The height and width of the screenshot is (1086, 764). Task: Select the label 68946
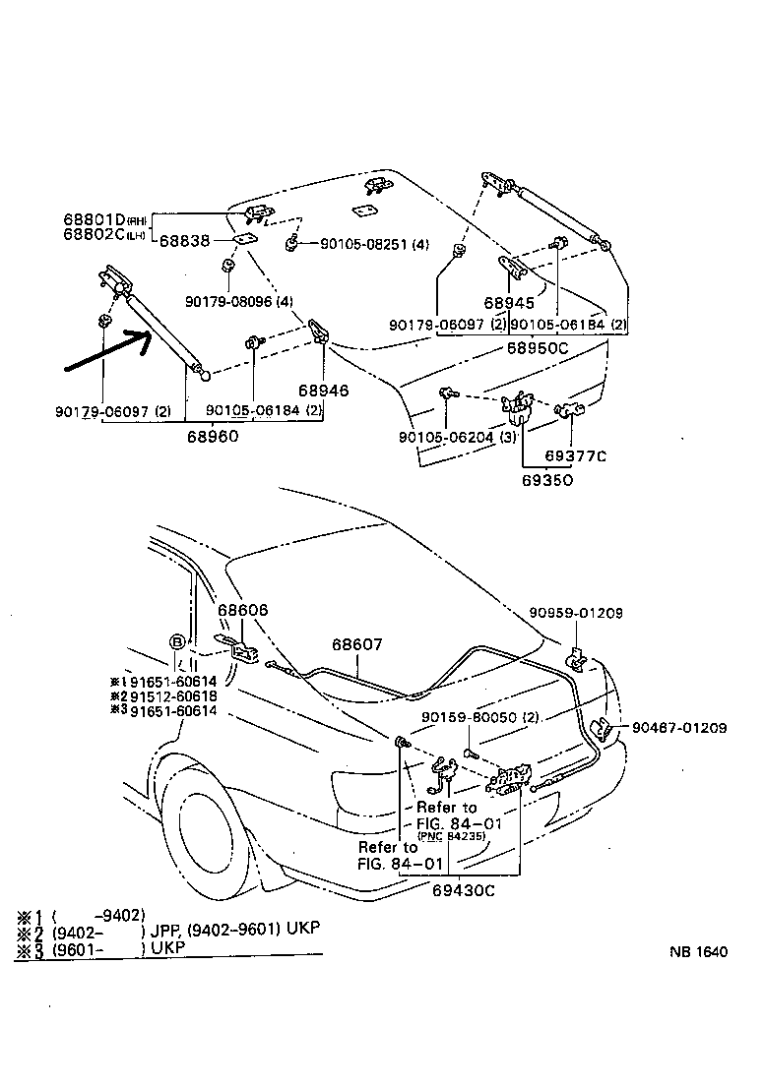pos(325,391)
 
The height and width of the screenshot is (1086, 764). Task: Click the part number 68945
pos(508,304)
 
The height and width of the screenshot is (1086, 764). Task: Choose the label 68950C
pos(538,347)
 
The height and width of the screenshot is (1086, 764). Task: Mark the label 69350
pos(548,480)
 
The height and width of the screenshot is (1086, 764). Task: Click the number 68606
pos(242,611)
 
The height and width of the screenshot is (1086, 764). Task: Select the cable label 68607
pos(357,644)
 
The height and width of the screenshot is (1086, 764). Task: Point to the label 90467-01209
pos(679,728)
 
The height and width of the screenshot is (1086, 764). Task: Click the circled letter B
pos(177,641)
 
